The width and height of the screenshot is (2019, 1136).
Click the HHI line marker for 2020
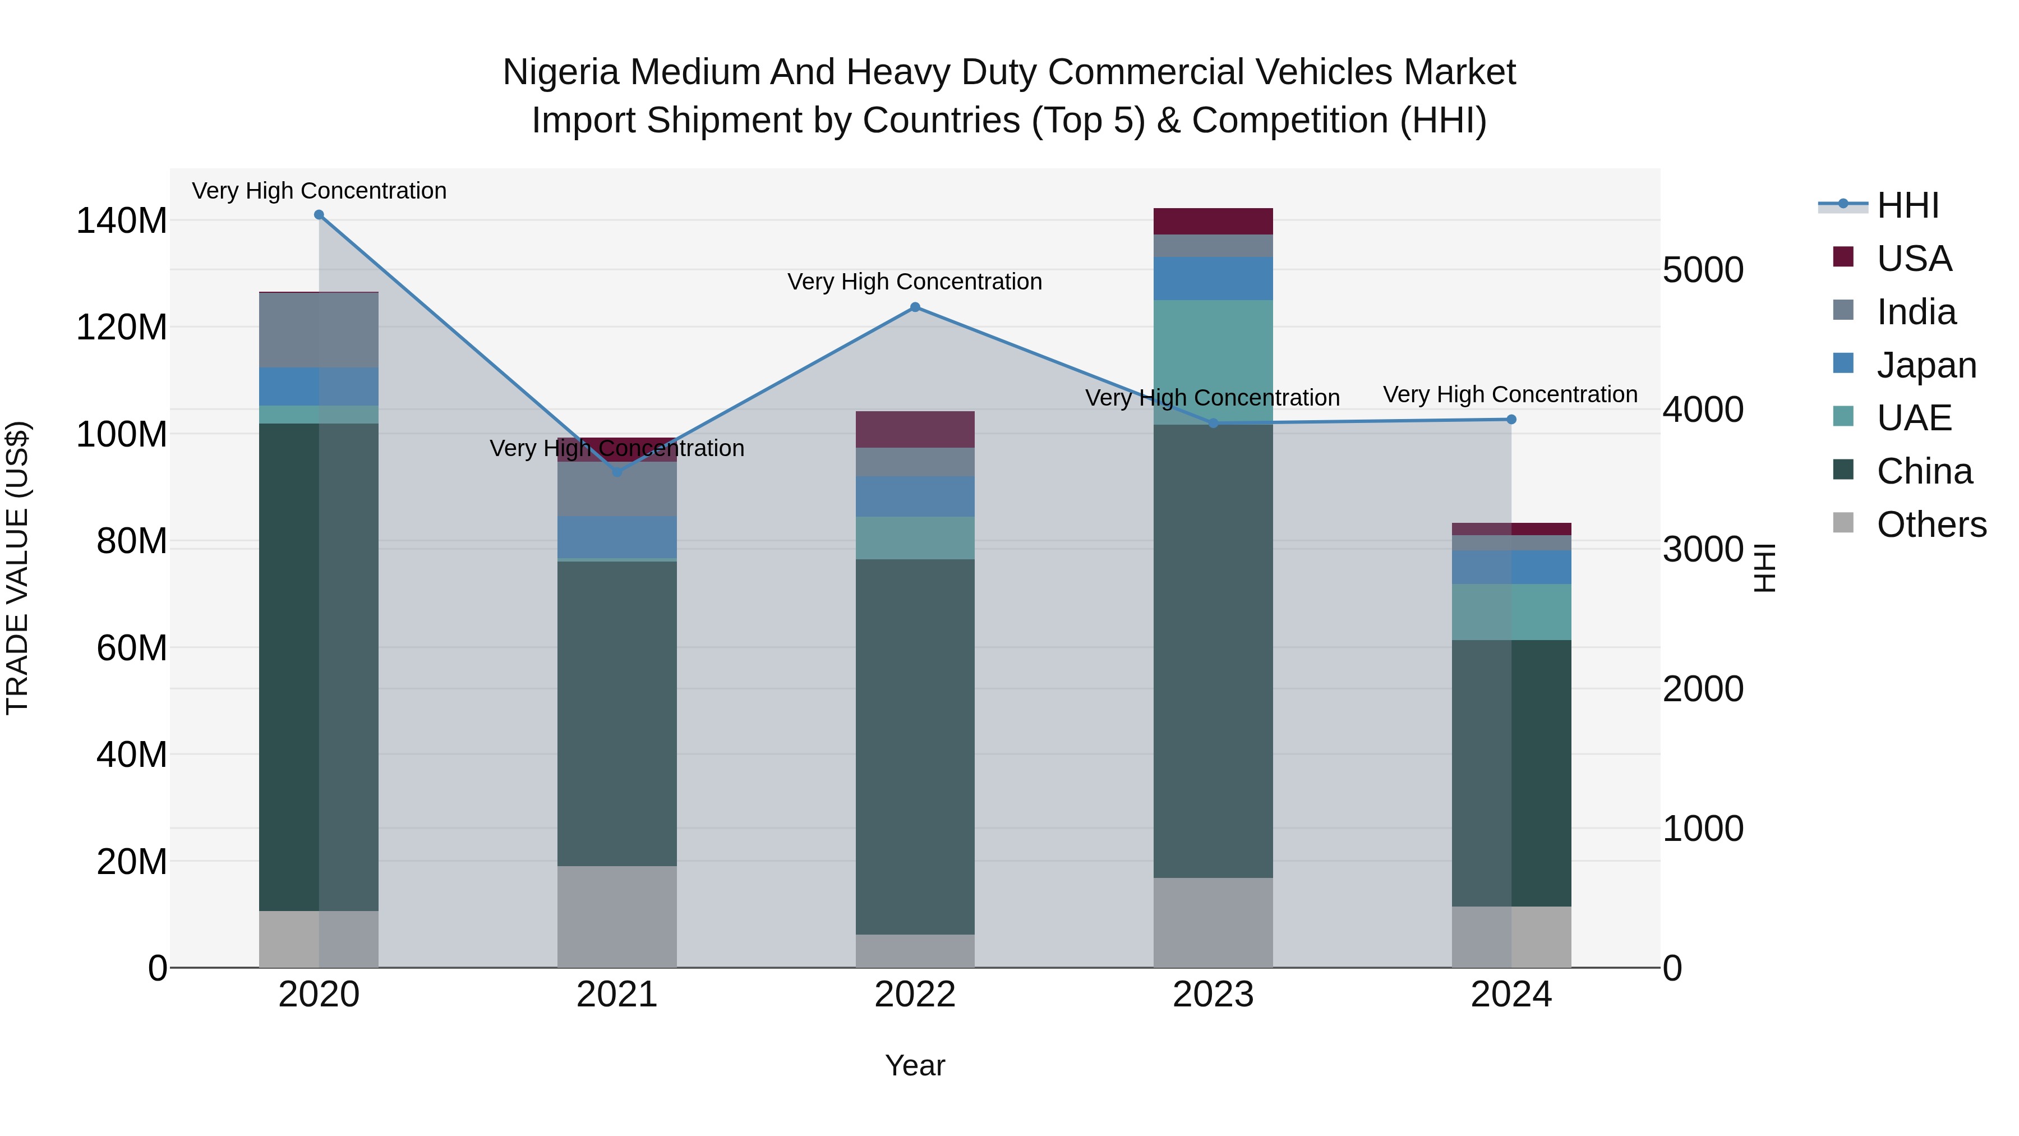(319, 215)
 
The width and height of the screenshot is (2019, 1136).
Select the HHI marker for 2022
(915, 307)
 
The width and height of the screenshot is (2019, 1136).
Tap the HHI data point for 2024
(1511, 420)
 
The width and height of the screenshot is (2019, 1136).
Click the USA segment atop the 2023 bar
(1213, 221)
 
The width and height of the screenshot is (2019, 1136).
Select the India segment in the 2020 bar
(319, 330)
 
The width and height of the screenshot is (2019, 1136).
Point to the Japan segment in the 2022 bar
(915, 496)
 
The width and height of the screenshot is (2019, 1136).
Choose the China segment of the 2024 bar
(1511, 772)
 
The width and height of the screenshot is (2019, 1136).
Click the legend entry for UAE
(1913, 418)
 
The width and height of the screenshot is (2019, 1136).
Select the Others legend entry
(1930, 525)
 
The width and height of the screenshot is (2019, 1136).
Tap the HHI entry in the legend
(1907, 205)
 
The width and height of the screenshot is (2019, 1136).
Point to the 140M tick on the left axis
(122, 221)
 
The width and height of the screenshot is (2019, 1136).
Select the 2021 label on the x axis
(617, 995)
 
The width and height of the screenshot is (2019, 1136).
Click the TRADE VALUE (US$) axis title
(17, 568)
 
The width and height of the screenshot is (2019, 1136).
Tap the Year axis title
(915, 1065)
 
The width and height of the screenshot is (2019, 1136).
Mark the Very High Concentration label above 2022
(915, 282)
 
